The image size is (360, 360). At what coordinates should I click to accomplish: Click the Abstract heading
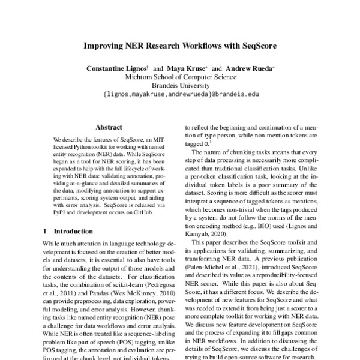click(109, 127)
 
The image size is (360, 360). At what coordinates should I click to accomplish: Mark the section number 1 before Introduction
click(45, 230)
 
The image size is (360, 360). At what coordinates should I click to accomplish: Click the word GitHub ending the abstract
click(144, 212)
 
